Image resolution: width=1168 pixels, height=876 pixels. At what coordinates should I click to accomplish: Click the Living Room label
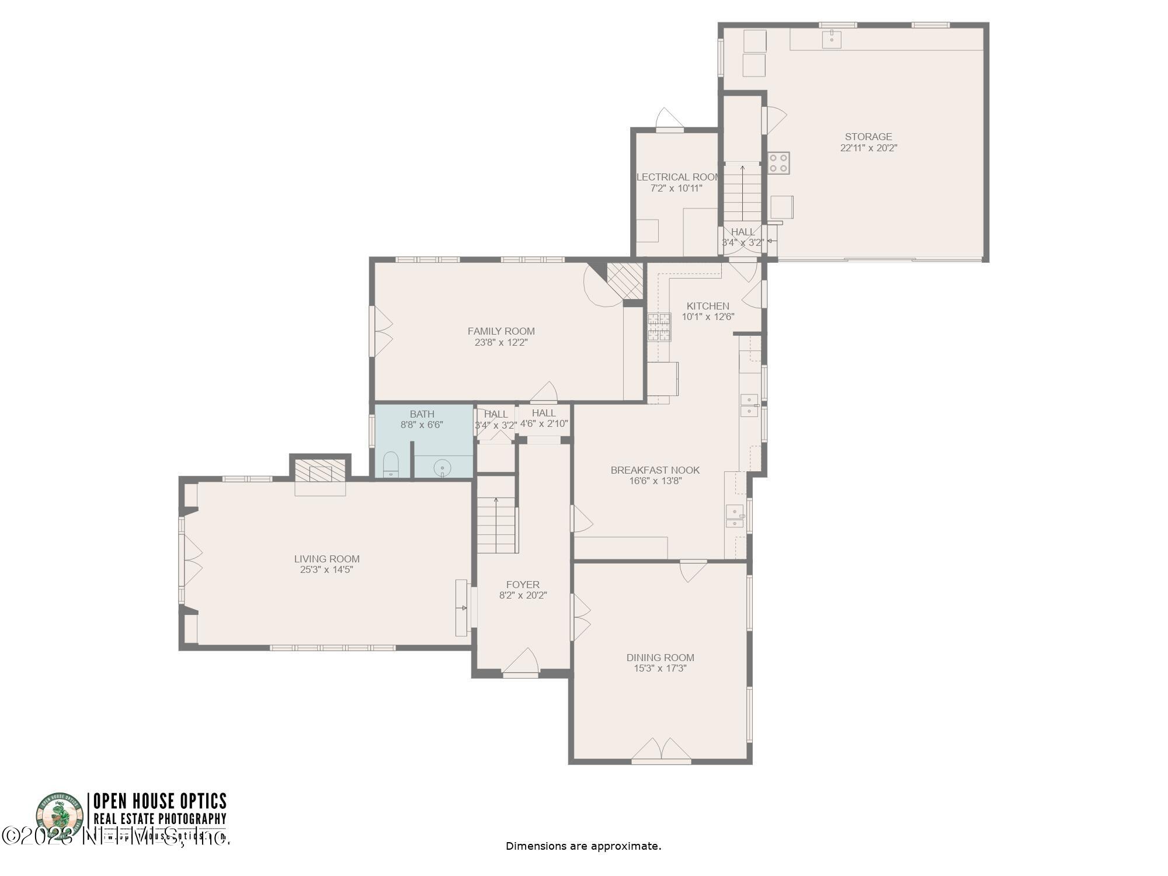coord(326,559)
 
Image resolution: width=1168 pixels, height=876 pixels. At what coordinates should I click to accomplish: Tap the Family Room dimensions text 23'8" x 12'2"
coord(501,342)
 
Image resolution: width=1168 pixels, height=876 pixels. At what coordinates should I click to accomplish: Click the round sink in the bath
coord(443,468)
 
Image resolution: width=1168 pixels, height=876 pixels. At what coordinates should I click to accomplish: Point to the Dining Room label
coord(660,658)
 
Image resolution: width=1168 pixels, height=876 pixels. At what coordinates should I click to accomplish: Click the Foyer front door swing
coord(522,661)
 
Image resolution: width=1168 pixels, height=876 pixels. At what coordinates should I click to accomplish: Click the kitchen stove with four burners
coord(659,327)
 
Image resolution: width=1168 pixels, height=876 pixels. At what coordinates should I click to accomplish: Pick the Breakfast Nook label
coord(655,470)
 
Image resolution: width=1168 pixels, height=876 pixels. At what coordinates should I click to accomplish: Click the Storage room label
coord(868,137)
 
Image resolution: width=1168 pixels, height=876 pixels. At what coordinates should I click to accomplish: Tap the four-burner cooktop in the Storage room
coord(778,163)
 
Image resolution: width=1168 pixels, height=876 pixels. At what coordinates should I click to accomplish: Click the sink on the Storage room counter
coord(831,39)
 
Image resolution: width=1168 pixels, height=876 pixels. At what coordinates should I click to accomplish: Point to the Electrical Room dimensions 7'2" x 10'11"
coord(676,188)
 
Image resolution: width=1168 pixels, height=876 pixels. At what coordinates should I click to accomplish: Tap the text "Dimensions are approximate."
coord(583,846)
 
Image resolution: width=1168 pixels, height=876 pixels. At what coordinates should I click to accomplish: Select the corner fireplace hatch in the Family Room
coord(625,280)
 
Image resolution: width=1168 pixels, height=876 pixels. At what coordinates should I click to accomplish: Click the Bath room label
coord(422,414)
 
